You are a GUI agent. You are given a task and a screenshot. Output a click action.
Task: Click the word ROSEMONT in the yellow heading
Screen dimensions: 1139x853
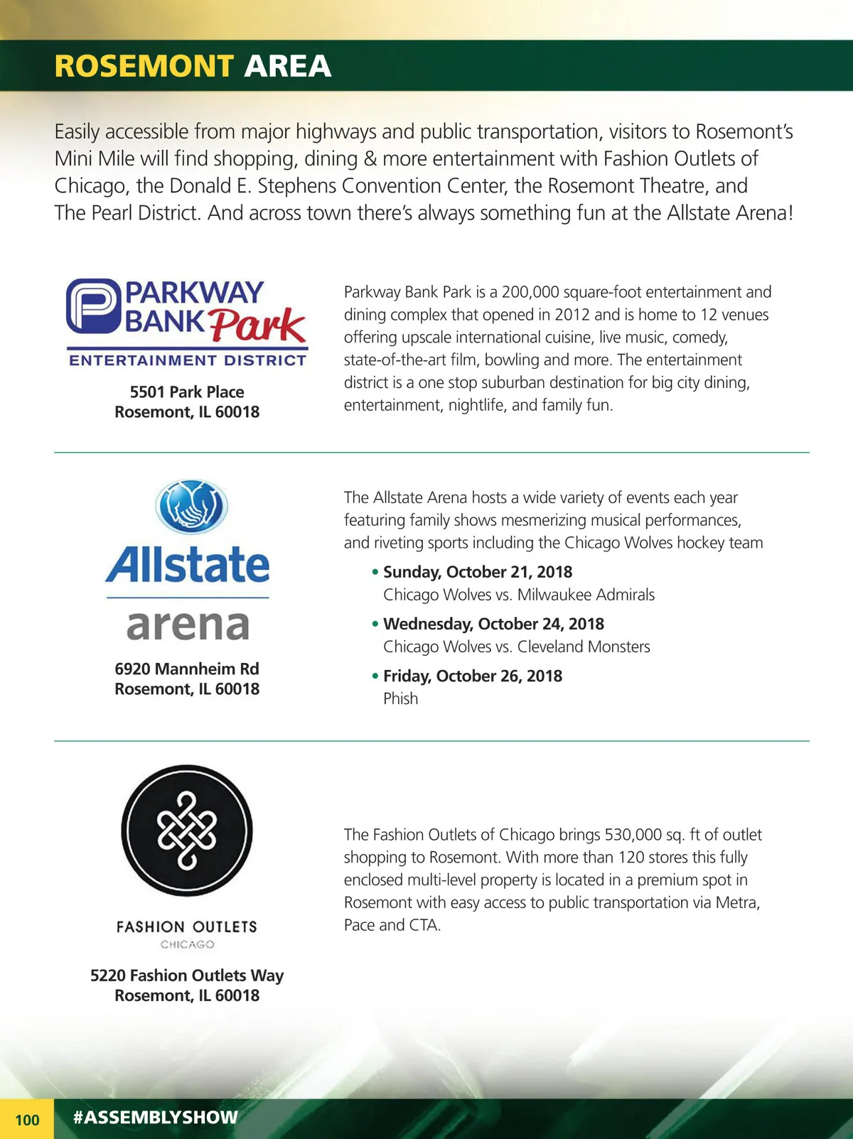click(144, 66)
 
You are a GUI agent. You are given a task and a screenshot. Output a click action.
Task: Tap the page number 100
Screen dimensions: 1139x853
click(27, 1120)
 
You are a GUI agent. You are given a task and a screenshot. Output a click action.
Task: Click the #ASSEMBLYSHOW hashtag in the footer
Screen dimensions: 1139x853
click(155, 1117)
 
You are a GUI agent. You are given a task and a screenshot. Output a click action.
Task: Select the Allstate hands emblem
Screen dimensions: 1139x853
click(191, 507)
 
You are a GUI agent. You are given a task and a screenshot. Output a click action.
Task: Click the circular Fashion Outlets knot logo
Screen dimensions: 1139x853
click(187, 831)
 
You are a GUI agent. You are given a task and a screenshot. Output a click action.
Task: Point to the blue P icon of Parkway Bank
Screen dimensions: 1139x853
click(92, 306)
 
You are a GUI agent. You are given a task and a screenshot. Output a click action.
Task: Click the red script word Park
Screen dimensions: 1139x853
click(257, 325)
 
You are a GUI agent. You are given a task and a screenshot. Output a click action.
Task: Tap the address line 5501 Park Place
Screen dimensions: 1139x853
click(187, 392)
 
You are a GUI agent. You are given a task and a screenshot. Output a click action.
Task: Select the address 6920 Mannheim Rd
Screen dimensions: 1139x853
click(187, 669)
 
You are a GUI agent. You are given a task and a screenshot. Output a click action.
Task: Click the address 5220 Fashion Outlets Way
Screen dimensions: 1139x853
click(187, 975)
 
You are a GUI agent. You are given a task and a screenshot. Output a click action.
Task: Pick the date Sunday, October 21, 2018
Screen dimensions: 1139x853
click(478, 572)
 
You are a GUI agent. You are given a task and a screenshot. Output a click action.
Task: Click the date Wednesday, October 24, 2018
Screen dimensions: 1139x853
click(493, 624)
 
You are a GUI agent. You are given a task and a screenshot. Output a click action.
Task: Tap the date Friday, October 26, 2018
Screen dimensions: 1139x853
click(473, 676)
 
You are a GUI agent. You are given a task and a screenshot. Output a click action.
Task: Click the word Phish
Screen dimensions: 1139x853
click(401, 698)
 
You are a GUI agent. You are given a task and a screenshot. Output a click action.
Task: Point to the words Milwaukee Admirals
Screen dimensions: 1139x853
click(586, 595)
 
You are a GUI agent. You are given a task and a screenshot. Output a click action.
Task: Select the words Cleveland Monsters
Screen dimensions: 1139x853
click(584, 647)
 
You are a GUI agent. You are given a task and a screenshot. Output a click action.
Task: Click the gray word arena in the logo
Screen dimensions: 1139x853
click(188, 625)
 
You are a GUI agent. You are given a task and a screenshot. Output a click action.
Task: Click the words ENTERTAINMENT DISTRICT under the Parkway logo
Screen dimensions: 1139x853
click(188, 360)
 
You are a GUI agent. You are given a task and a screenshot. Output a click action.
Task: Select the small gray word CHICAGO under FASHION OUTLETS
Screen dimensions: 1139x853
click(187, 944)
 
